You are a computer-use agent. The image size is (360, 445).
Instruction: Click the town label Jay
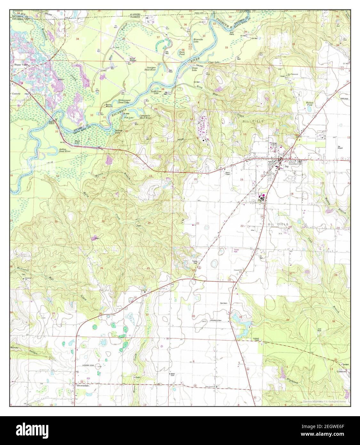click(287, 166)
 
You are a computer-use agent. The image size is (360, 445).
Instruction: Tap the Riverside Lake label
click(198, 41)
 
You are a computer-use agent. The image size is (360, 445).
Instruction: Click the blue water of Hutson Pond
click(309, 109)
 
